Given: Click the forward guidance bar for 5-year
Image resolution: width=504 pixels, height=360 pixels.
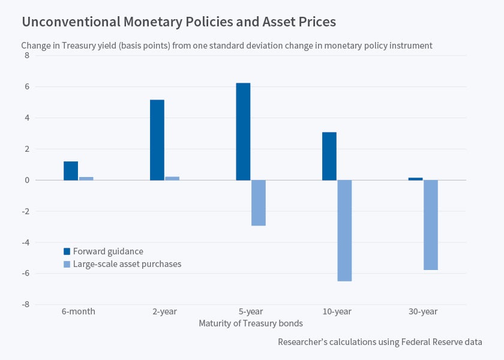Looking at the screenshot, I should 243,131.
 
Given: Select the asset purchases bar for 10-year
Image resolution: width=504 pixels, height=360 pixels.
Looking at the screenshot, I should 344,230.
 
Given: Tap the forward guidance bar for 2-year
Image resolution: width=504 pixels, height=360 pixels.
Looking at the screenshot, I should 157,140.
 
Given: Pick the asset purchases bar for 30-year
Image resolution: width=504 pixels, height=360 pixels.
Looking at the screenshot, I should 431,225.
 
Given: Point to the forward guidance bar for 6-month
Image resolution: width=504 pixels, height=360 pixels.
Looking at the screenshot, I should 71,170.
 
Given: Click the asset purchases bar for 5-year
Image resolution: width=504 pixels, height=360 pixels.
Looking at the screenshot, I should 259,203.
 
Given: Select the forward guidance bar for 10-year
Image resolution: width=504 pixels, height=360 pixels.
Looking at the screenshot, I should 329,156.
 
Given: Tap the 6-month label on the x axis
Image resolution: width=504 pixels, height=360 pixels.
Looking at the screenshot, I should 79,312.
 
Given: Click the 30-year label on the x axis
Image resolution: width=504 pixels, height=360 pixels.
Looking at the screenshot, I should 423,312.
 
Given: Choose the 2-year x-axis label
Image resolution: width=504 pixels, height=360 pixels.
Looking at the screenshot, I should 164,312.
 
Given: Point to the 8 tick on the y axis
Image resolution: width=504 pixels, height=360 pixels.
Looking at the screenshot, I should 26,56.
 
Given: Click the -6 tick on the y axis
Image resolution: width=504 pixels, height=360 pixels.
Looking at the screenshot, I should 25,274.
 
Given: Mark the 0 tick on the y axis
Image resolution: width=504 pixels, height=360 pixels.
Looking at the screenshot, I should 26,180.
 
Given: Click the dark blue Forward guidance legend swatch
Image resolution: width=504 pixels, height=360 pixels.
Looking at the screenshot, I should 67,251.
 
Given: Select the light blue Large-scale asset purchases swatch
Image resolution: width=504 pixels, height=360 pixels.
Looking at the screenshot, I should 67,264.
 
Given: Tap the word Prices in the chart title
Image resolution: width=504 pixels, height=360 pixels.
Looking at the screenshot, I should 316,22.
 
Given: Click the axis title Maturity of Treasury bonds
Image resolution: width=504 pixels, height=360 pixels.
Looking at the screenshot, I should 251,323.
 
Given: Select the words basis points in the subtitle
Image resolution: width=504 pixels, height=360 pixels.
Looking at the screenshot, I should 142,46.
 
